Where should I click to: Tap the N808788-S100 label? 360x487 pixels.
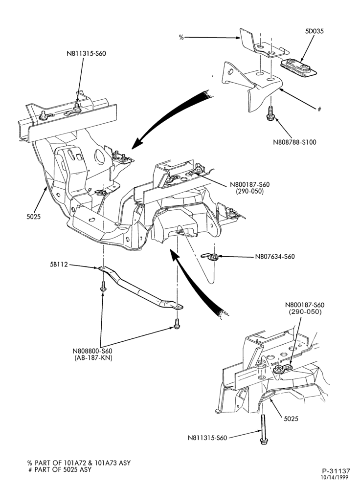295,142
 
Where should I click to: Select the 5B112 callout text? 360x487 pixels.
58,265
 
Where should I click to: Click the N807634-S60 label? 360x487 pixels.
275,257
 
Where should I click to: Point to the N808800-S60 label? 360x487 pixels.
92,351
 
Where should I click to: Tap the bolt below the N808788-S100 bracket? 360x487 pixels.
270,113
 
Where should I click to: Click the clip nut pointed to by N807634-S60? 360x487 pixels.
211,257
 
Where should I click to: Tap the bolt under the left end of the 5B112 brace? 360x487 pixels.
103,287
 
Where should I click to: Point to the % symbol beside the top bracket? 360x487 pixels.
181,38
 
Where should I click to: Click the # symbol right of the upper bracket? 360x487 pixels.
319,109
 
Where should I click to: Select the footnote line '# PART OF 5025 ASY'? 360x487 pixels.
60,469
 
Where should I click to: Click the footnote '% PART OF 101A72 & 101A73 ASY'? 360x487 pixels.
79,463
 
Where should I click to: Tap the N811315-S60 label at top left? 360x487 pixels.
86,53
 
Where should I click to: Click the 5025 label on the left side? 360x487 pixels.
34,217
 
